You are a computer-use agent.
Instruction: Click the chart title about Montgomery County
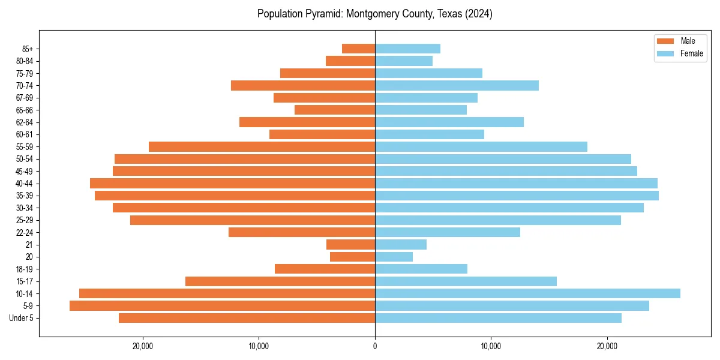coord(374,14)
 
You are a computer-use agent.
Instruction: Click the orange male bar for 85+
coord(358,49)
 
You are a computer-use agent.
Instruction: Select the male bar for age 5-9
coord(222,305)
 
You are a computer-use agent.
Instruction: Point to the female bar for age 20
coord(394,257)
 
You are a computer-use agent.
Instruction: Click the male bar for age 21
coord(350,244)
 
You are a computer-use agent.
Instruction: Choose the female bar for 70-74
coord(457,85)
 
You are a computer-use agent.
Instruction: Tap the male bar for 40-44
coord(232,183)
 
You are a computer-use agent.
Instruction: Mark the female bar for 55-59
coord(481,146)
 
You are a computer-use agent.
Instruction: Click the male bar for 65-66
coord(335,110)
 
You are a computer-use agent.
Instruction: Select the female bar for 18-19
coord(421,269)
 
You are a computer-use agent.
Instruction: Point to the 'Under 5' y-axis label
coord(22,318)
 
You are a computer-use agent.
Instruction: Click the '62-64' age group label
coord(25,122)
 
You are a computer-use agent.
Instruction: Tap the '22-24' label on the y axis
coord(25,232)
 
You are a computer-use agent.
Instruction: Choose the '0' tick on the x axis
coord(375,346)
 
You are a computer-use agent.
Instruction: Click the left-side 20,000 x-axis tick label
coord(143,346)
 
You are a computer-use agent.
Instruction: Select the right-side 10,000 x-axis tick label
coord(491,346)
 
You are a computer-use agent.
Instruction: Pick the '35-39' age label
coord(25,196)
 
